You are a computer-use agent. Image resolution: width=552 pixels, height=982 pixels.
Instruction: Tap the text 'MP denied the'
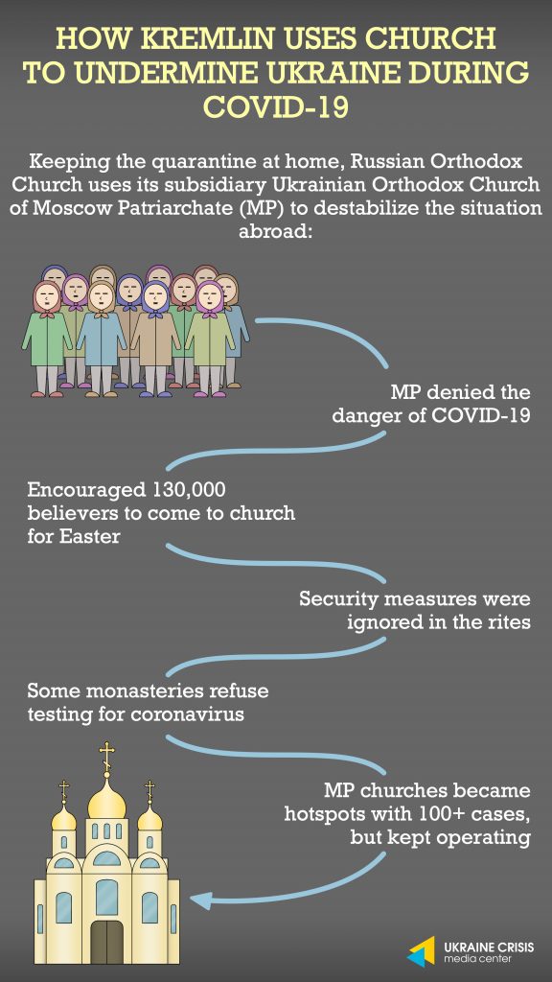461,392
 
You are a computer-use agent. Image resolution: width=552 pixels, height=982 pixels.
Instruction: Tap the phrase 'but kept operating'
440,837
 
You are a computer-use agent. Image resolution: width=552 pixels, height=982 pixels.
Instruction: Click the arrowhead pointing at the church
201,900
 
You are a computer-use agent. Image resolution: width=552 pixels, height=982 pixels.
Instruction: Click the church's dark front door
107,942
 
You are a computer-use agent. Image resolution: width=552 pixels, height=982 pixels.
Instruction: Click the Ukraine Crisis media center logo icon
422,951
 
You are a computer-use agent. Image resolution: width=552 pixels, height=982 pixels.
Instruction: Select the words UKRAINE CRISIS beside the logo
488,947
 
